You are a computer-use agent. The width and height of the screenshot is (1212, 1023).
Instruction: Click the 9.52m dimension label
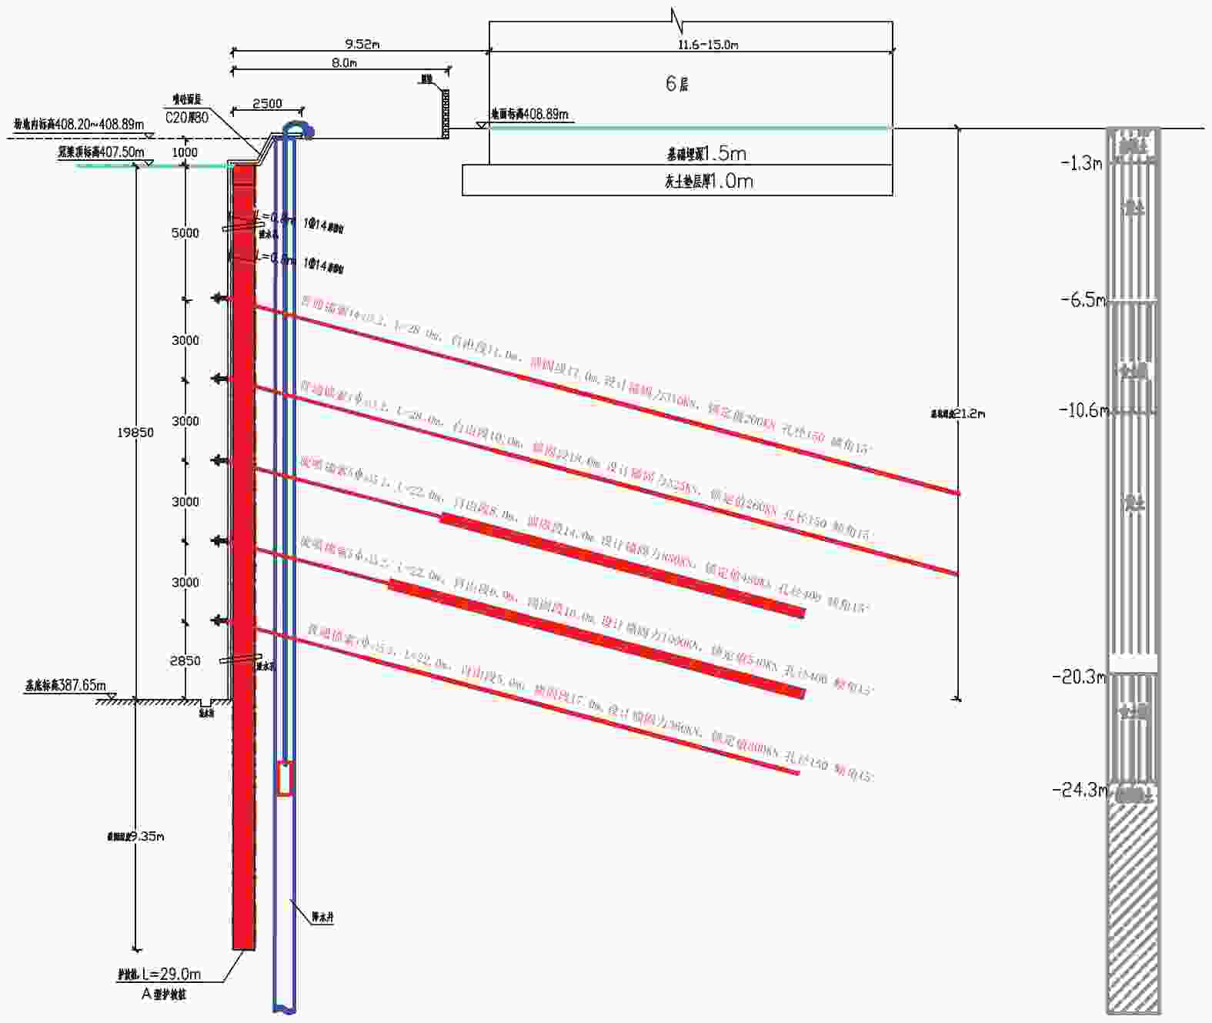[x=362, y=44]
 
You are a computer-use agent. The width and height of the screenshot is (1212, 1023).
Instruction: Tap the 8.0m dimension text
[x=344, y=62]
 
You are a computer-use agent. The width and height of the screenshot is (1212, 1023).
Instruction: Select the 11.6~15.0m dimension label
[x=707, y=45]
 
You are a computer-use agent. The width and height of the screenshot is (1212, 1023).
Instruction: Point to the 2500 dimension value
[x=267, y=103]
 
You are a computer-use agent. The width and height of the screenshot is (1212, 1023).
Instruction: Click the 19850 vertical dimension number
[x=135, y=433]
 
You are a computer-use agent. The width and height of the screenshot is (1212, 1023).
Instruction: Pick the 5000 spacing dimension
[x=185, y=232]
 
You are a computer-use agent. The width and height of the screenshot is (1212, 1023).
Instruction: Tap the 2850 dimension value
[x=185, y=660]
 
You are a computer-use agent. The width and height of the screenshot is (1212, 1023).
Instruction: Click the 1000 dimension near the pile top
[x=185, y=152]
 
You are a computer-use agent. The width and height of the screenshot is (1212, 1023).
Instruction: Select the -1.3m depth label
[x=1082, y=163]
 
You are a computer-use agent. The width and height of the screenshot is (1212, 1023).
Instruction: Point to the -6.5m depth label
[x=1083, y=300]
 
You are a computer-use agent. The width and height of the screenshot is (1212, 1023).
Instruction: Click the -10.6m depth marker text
[x=1083, y=410]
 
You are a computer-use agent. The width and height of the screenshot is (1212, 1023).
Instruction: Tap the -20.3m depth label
[x=1079, y=677]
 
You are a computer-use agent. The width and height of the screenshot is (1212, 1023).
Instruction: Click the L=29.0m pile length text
[x=172, y=974]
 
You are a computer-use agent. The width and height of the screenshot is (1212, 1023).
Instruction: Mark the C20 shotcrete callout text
[x=187, y=118]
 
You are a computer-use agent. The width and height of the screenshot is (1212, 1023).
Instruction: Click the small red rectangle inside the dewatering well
[x=285, y=777]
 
